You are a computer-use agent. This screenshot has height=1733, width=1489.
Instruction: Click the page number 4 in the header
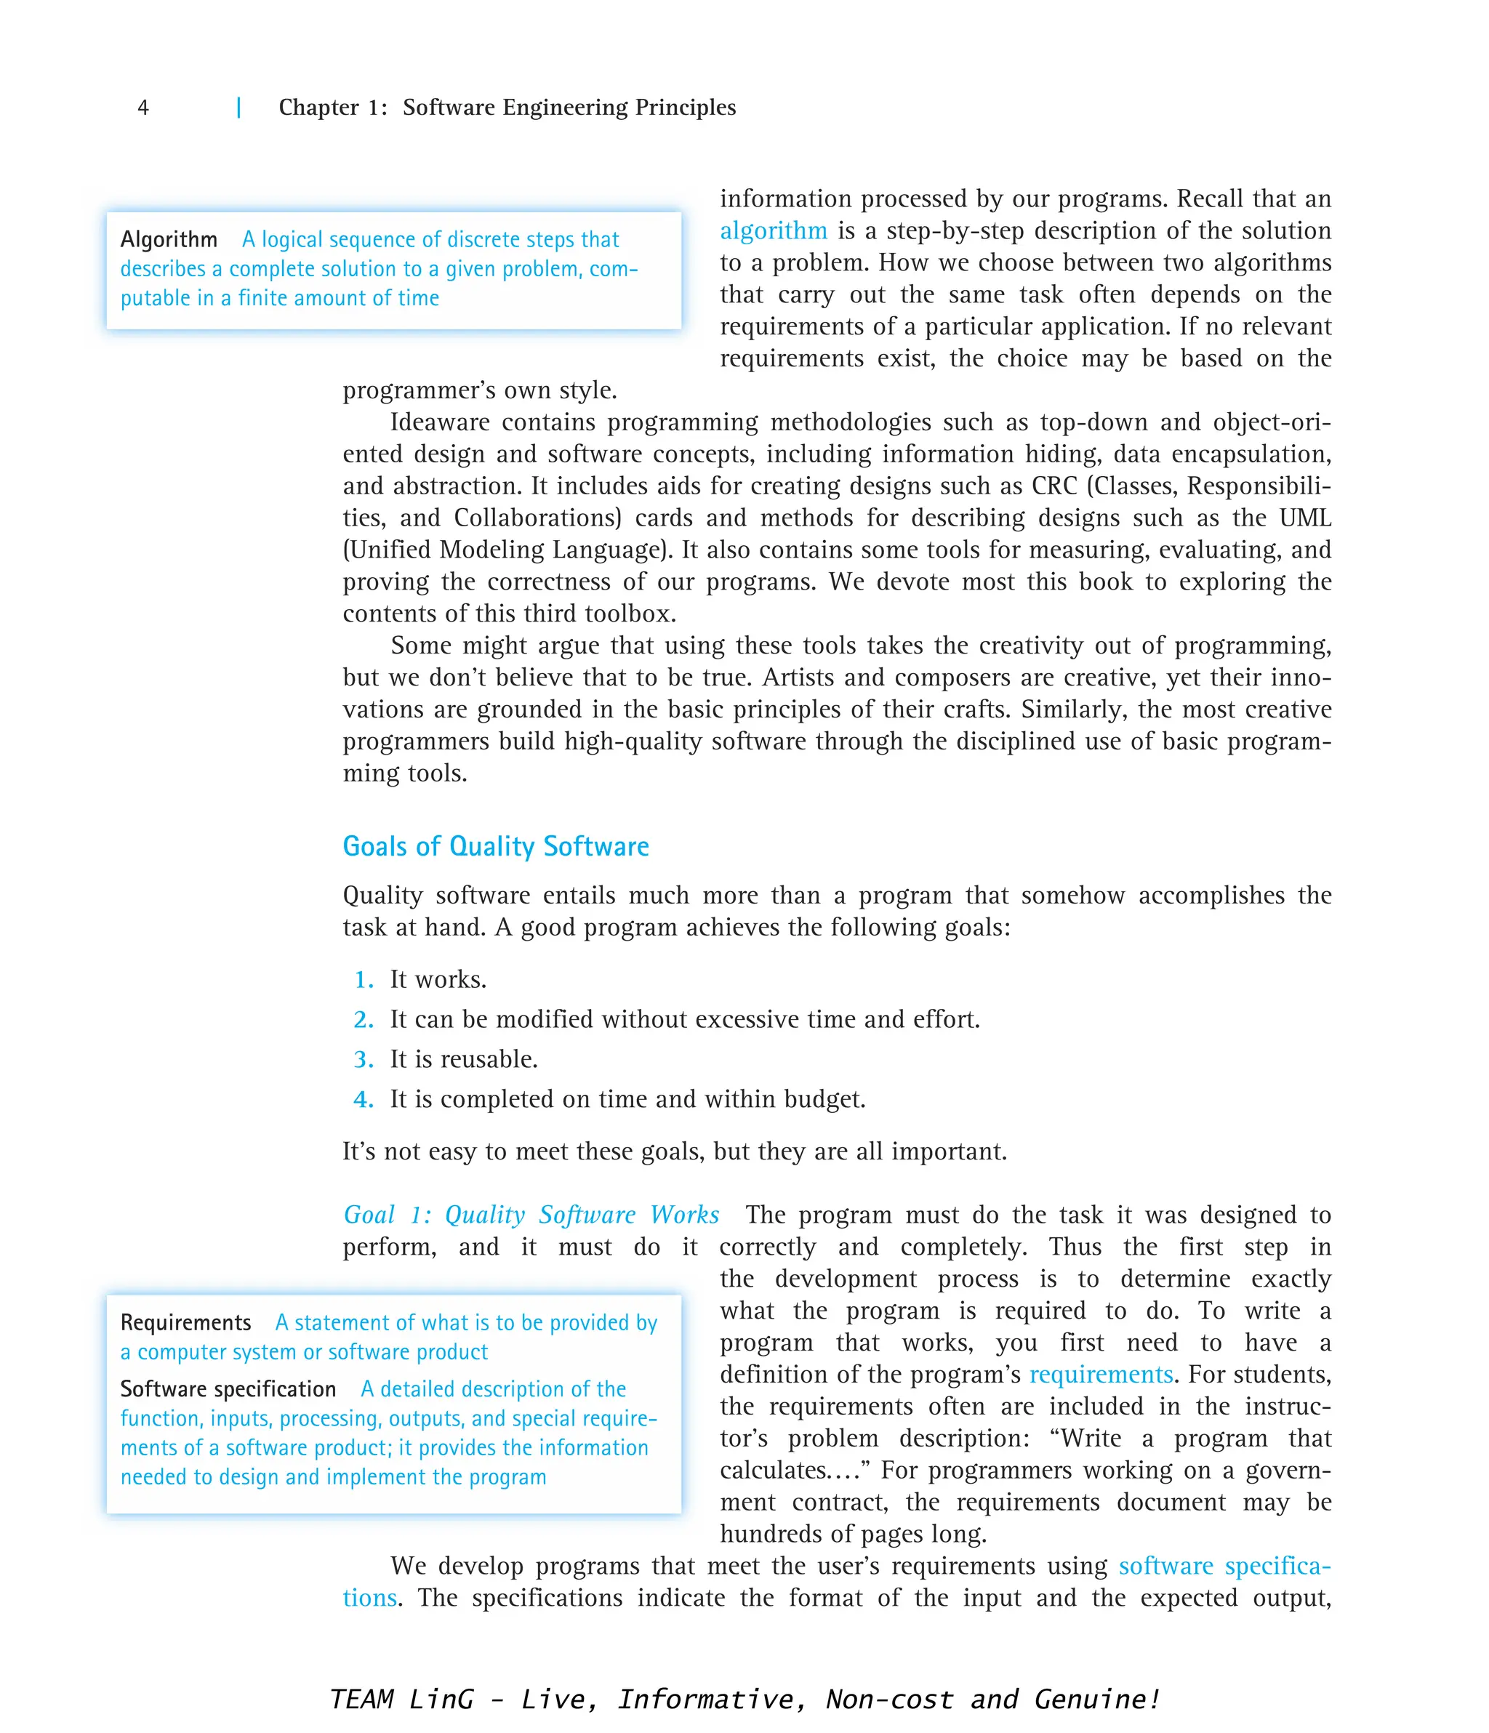143,108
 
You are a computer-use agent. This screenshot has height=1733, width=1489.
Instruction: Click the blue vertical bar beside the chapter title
239,108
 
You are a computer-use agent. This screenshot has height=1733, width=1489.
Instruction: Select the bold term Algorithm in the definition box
169,240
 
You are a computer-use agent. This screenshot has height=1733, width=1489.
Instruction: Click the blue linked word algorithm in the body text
773,231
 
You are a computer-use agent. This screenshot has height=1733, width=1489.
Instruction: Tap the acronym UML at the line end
1305,518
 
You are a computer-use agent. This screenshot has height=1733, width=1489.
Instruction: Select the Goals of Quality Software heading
495,846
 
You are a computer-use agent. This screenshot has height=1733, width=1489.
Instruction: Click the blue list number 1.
363,979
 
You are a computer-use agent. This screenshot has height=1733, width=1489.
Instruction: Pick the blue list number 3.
363,1060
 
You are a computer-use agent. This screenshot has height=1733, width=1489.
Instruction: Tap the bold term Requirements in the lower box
185,1322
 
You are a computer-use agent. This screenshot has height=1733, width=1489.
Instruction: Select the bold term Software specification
228,1389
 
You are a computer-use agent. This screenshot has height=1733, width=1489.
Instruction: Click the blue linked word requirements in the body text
1101,1375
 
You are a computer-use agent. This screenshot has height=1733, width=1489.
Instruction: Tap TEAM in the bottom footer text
361,1700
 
